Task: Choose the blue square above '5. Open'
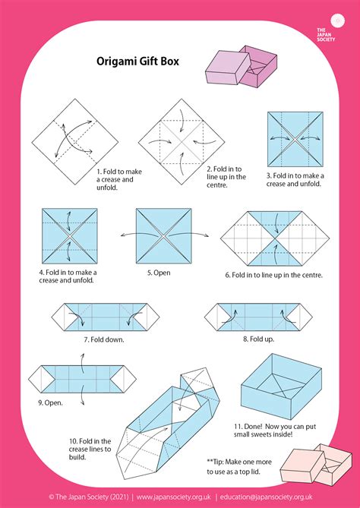coord(163,235)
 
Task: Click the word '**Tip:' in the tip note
coord(216,461)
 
